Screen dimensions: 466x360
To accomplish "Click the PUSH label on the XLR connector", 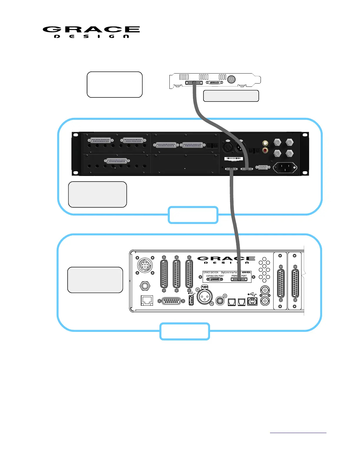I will tap(204, 287).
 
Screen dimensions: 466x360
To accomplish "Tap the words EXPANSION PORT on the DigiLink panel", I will tap(215, 276).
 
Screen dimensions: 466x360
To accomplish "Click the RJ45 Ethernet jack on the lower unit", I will tap(147, 300).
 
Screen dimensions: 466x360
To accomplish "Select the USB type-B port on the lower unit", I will tap(252, 302).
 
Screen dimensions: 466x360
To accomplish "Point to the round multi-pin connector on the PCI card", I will tap(231, 79).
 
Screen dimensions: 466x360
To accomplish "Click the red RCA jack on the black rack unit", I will tap(265, 150).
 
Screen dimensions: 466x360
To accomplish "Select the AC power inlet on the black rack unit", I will tap(285, 168).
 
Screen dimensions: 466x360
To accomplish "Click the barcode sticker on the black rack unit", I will tap(234, 159).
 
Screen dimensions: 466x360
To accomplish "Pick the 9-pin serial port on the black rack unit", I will tap(263, 167).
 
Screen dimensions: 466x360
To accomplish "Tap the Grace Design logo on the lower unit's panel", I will tap(226, 260).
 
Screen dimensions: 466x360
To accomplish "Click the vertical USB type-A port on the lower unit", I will tap(191, 300).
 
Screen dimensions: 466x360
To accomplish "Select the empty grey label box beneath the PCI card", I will tap(231, 96).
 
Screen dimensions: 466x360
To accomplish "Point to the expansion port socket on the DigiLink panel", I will tap(215, 279).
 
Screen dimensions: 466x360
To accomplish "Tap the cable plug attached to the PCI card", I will tap(194, 83).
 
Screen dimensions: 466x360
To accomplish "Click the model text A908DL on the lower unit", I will tap(246, 272).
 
